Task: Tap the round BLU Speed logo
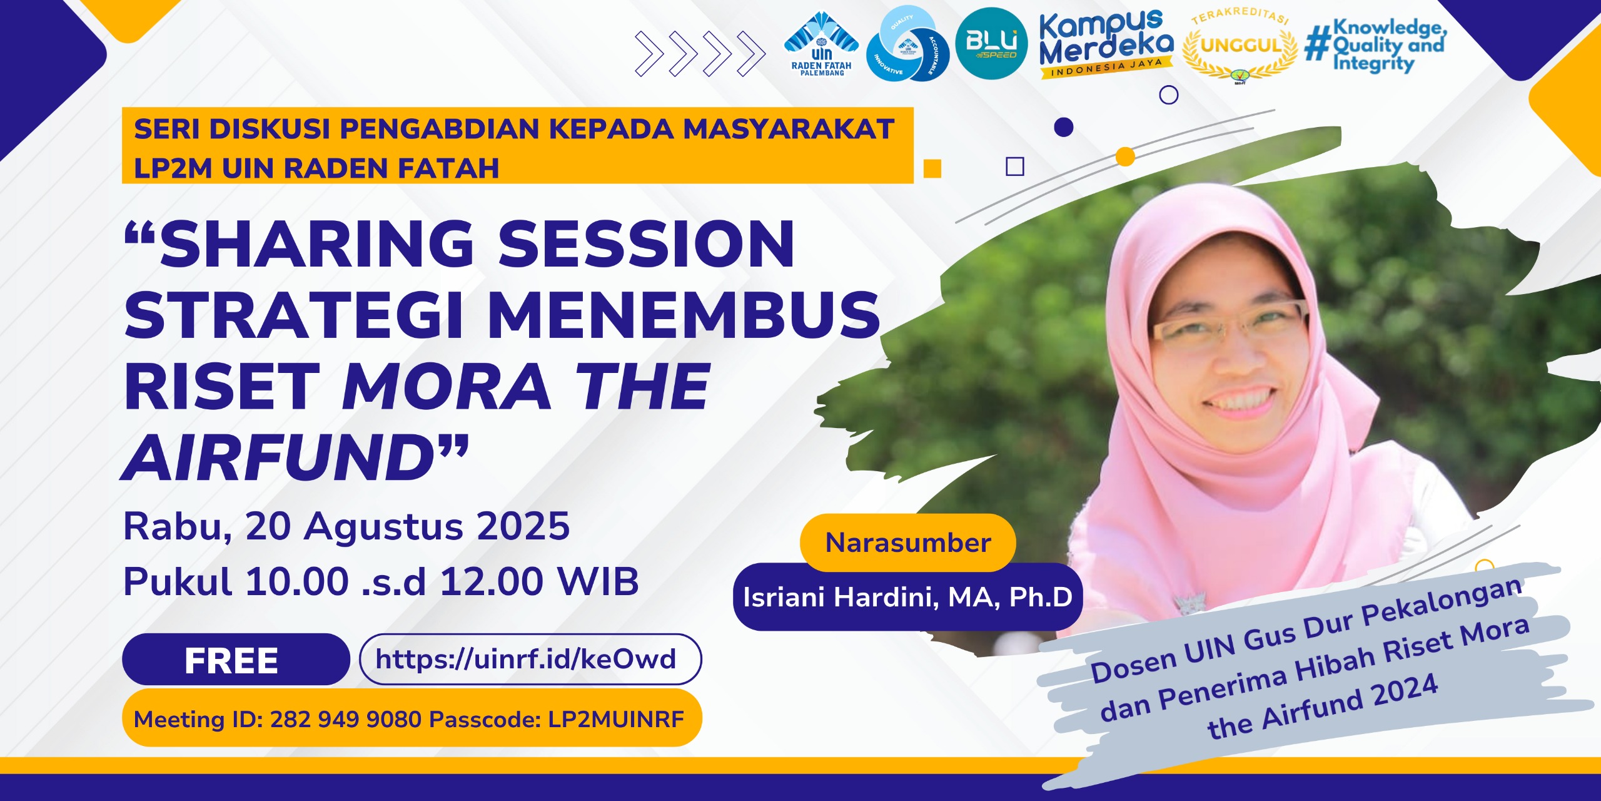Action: coord(991,43)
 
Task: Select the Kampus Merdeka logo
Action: coord(1106,44)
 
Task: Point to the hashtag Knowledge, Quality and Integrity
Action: coord(1376,46)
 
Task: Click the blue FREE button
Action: coord(236,660)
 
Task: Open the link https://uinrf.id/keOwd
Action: coord(526,659)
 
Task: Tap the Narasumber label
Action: coord(908,543)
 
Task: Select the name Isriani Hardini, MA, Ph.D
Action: coord(908,597)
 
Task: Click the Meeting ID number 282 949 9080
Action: coord(346,719)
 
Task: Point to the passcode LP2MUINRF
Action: coord(616,719)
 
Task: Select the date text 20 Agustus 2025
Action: coord(408,527)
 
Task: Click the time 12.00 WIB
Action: coord(540,581)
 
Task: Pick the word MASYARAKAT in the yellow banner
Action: coord(789,129)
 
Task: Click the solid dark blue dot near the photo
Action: coord(1063,127)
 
